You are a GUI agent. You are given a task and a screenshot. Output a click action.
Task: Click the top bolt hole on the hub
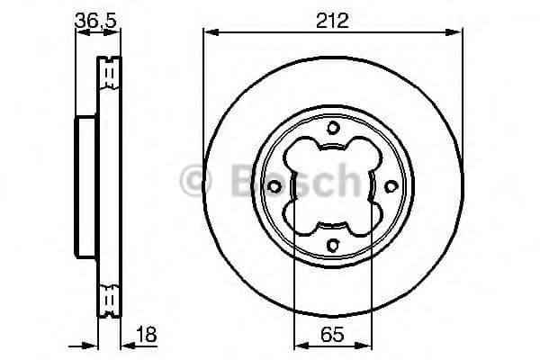point(333,127)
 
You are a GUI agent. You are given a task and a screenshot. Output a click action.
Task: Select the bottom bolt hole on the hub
point(333,245)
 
